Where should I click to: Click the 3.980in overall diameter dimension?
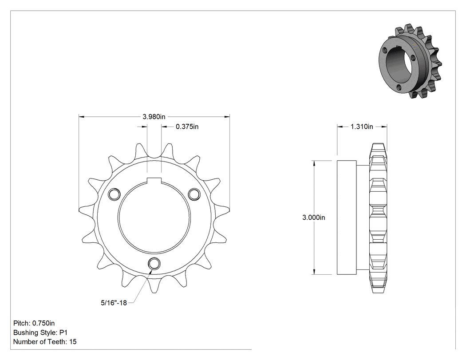(x=154, y=117)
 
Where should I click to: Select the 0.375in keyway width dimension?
(x=187, y=127)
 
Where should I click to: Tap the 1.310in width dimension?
(x=362, y=127)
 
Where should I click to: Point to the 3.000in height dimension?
(x=313, y=218)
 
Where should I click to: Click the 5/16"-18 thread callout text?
(x=114, y=303)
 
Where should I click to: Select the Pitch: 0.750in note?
(x=34, y=323)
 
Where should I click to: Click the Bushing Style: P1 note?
(x=40, y=332)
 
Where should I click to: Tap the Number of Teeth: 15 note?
(x=45, y=341)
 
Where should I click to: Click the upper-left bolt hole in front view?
(x=114, y=194)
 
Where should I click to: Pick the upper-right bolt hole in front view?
(x=194, y=194)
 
